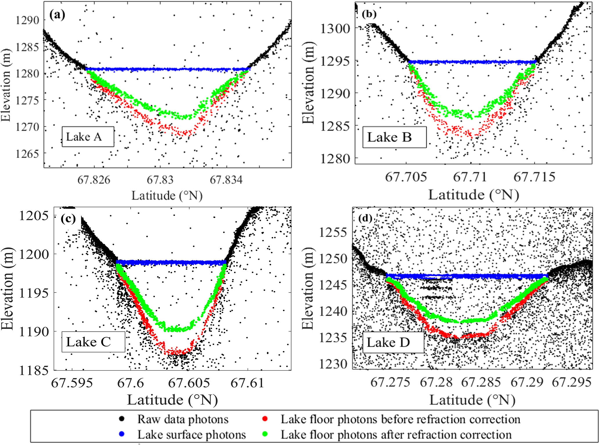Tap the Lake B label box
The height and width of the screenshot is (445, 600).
point(394,137)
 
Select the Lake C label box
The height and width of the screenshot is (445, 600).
point(93,342)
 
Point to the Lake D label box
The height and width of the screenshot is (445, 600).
point(393,342)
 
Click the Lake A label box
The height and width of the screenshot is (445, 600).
point(88,137)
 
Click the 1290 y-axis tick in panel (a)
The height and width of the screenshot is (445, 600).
point(27,20)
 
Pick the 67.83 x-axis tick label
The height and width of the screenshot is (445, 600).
point(160,180)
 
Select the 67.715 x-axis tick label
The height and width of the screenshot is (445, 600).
point(534,177)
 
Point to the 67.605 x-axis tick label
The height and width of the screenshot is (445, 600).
point(189,383)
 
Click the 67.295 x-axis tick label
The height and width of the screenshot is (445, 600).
point(571,382)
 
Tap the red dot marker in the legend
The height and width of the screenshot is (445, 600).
point(265,419)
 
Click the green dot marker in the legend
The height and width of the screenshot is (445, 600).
point(265,434)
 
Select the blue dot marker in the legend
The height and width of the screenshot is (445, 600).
point(122,434)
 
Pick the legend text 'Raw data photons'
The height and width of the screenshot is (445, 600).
point(183,419)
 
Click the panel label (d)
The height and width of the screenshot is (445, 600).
point(365,218)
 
